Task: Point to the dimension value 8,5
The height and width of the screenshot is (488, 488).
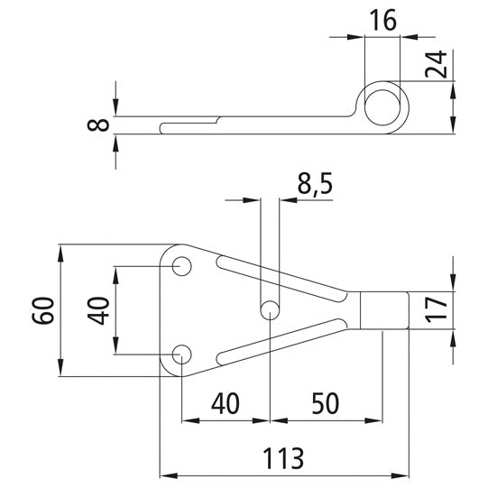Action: coord(315,184)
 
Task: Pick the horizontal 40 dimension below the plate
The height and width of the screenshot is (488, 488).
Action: coord(226,402)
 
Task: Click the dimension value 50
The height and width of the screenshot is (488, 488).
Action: coord(326,402)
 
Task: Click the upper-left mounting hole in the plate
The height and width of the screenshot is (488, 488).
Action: coord(181,267)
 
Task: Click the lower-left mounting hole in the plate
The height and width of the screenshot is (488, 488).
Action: coord(181,353)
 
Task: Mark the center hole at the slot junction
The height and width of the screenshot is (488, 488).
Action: coord(270,310)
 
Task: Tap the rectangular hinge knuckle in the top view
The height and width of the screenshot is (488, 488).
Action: coord(383,310)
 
